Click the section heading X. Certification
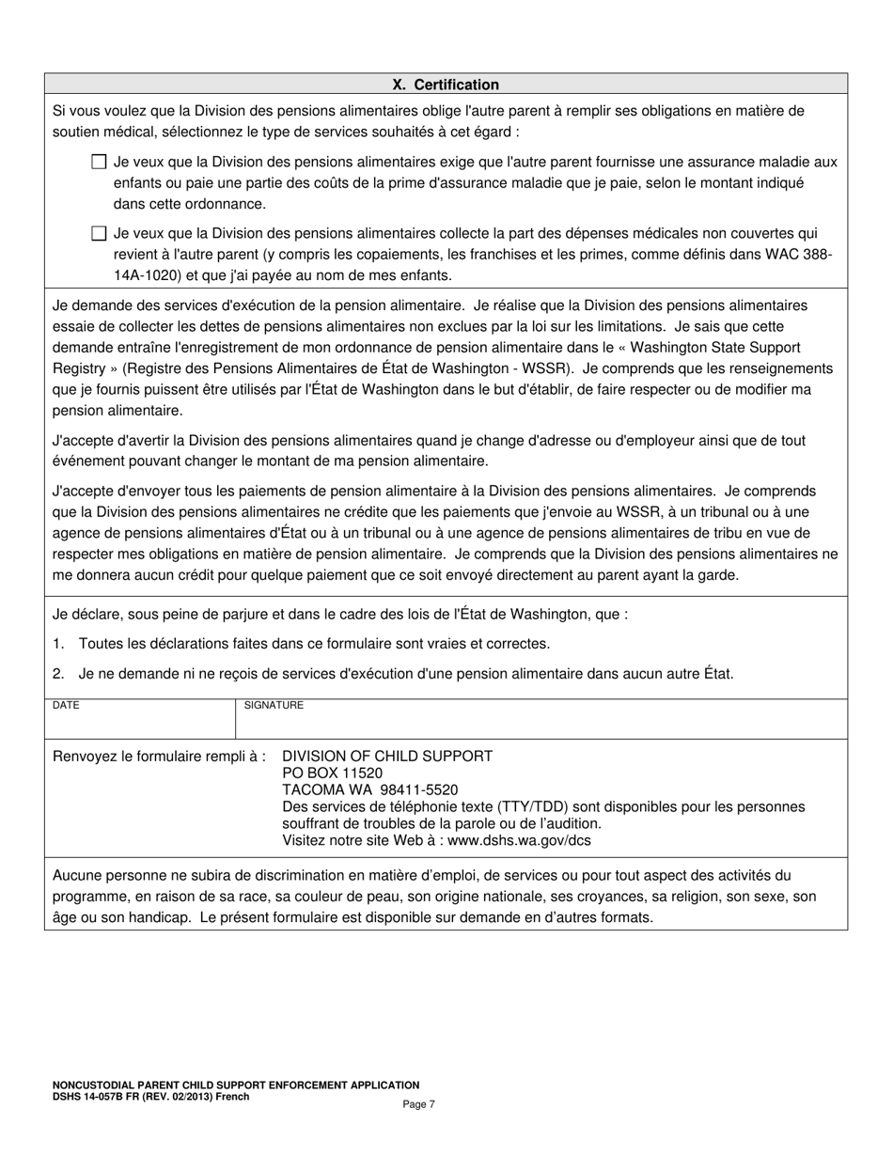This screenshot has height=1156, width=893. (x=446, y=85)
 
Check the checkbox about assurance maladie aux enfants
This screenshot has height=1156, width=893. (x=99, y=162)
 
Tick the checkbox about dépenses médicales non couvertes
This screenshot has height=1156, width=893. (x=99, y=233)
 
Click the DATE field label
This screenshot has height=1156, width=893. (x=66, y=705)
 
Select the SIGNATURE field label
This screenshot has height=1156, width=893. (x=274, y=705)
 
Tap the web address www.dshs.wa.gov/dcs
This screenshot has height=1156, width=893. (x=520, y=840)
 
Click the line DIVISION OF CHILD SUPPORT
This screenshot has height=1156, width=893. (x=387, y=756)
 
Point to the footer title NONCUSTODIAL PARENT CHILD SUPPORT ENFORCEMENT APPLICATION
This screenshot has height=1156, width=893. (x=236, y=1085)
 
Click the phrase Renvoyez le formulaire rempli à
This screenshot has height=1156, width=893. (x=159, y=756)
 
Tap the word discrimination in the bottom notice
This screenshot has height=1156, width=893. (x=262, y=876)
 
